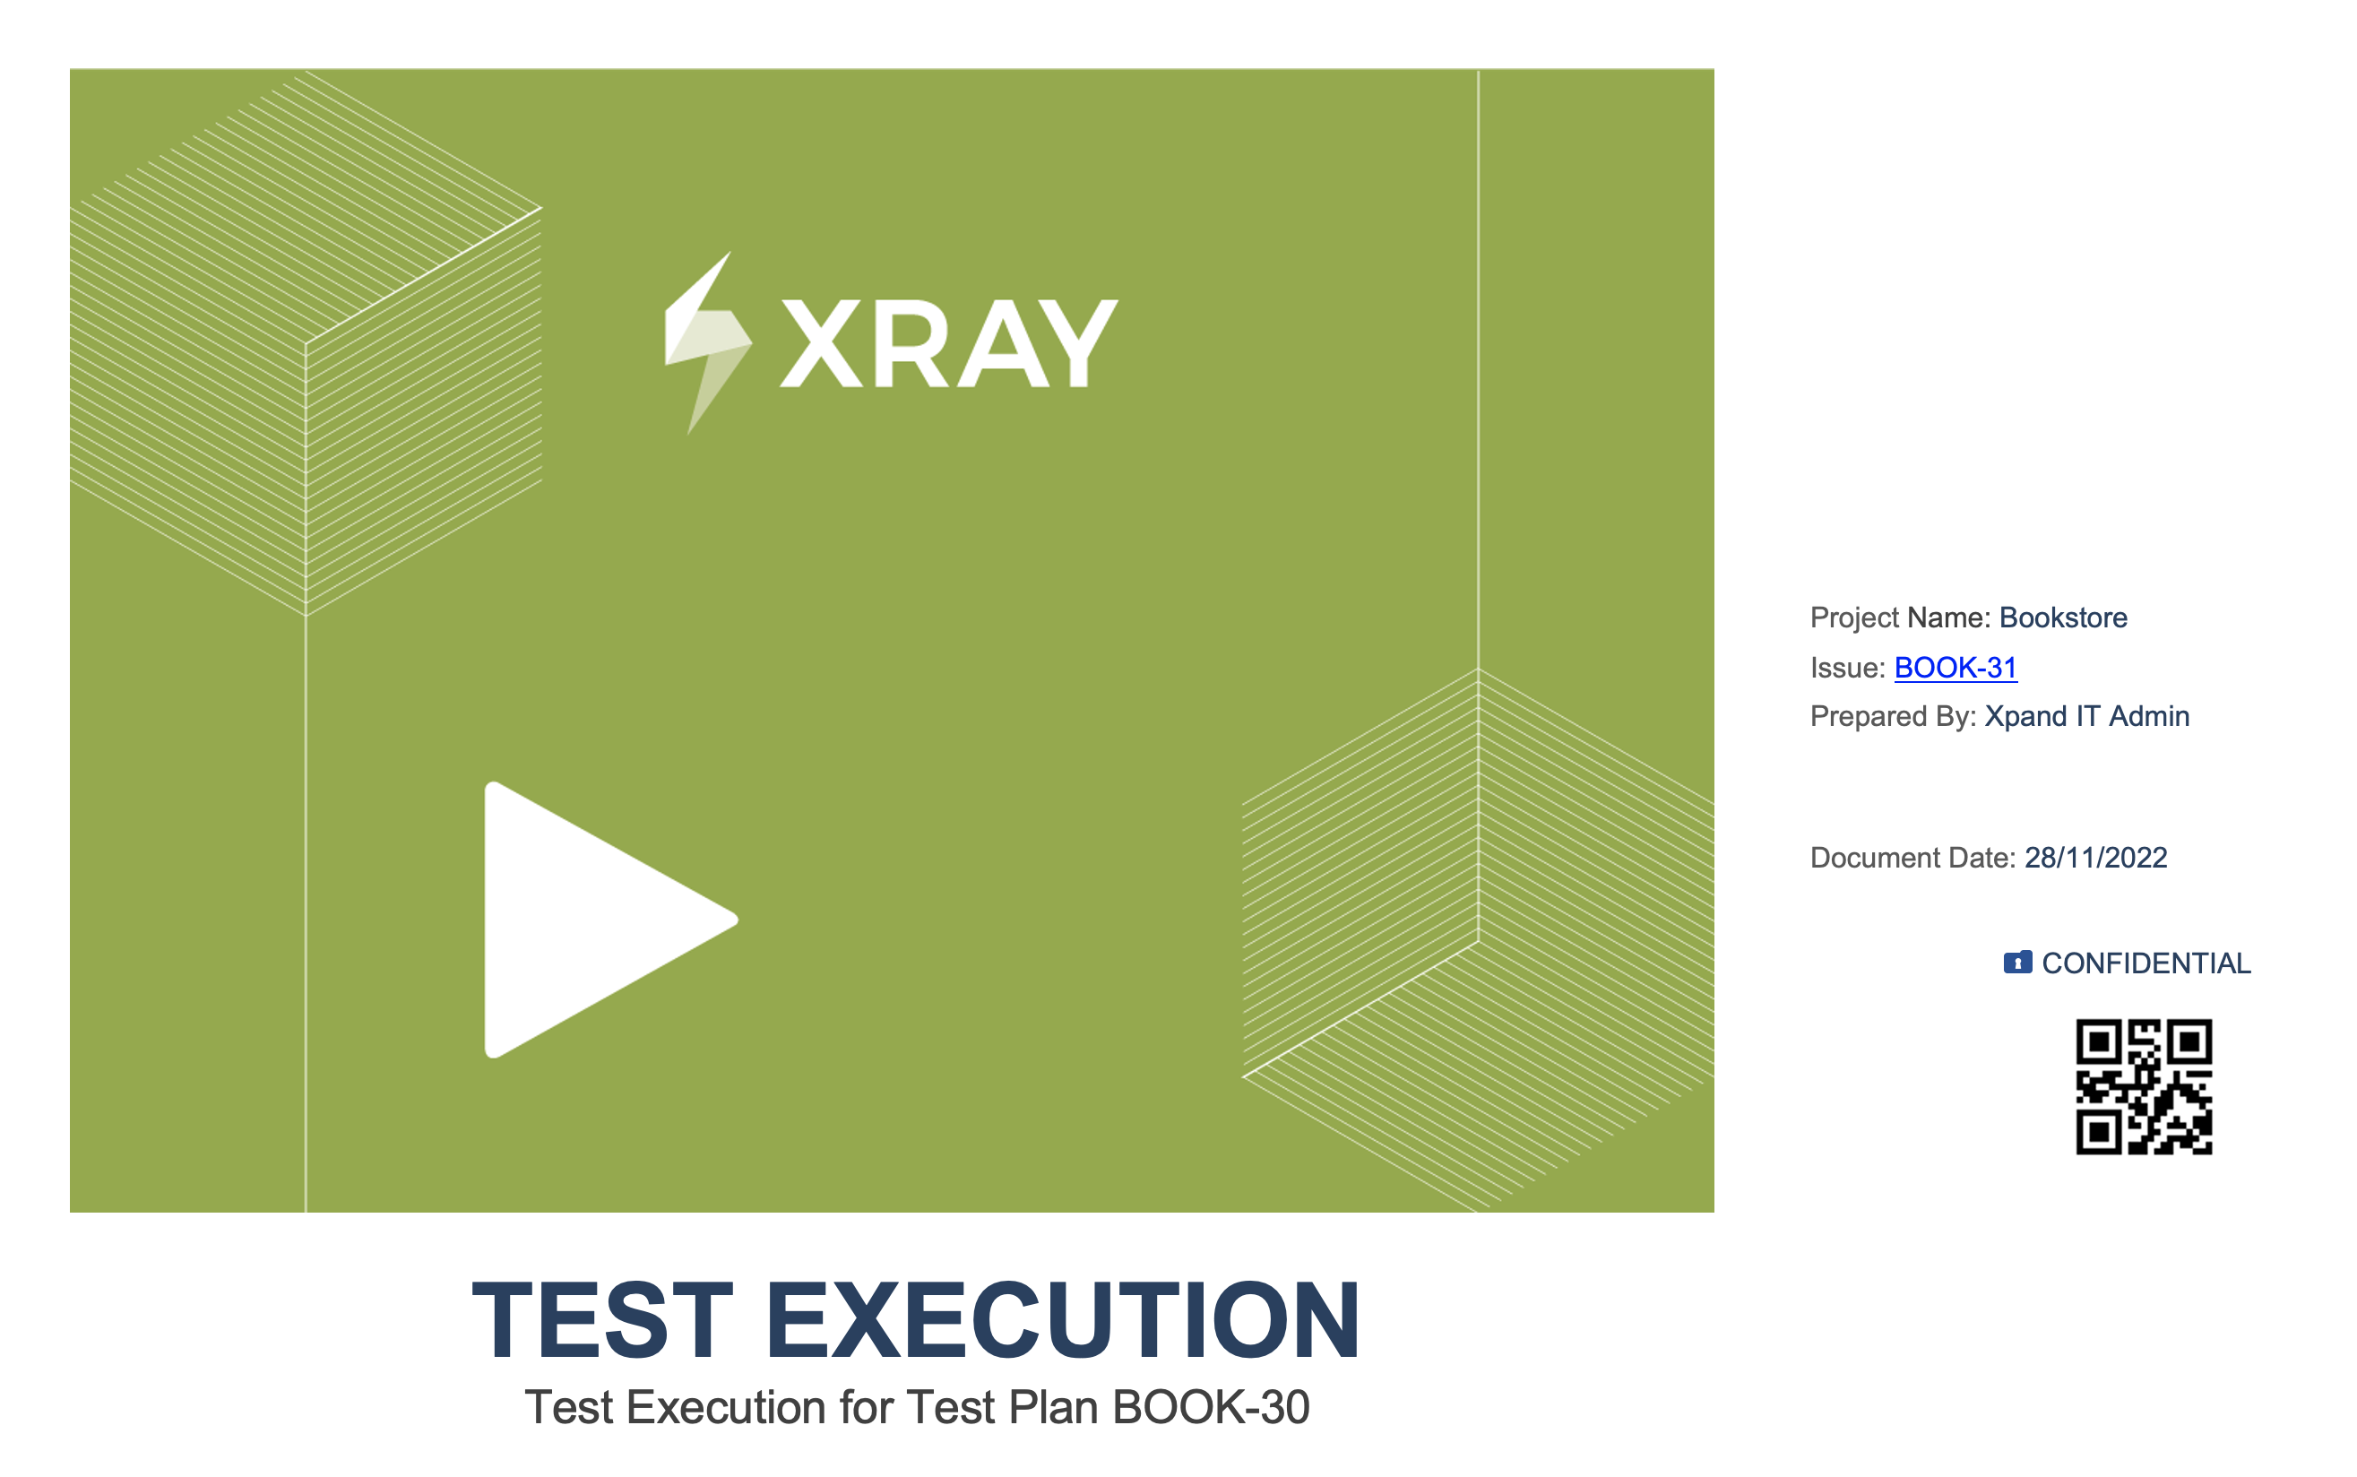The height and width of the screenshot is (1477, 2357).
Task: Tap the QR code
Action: point(2143,1086)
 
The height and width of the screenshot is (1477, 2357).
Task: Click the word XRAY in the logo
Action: point(948,343)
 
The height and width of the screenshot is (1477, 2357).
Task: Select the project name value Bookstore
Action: point(2063,618)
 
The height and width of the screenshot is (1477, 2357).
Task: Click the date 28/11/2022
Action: point(2095,857)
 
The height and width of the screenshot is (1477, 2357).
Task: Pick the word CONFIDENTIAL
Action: point(2146,963)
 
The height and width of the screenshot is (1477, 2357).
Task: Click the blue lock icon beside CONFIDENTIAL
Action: point(2017,963)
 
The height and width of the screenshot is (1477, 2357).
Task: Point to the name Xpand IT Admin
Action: point(2086,716)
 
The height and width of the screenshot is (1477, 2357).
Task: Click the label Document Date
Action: point(1912,857)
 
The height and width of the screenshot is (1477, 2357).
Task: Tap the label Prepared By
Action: point(1893,716)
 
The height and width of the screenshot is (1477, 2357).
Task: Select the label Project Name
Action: point(1900,618)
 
